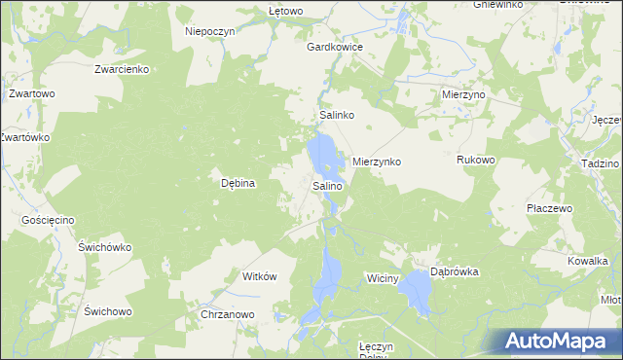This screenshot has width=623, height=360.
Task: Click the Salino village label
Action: [x=327, y=185]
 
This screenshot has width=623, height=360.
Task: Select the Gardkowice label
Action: [x=335, y=47]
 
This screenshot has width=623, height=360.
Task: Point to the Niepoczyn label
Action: [x=211, y=31]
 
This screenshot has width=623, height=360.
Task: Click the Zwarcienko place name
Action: [x=121, y=69]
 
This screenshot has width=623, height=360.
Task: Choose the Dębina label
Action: [x=238, y=182]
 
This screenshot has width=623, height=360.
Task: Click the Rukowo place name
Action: [x=477, y=160]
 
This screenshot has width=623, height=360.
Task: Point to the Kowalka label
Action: [x=588, y=261]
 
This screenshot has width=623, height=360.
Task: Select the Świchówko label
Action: [x=105, y=247]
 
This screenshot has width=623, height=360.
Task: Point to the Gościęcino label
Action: [x=48, y=221]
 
